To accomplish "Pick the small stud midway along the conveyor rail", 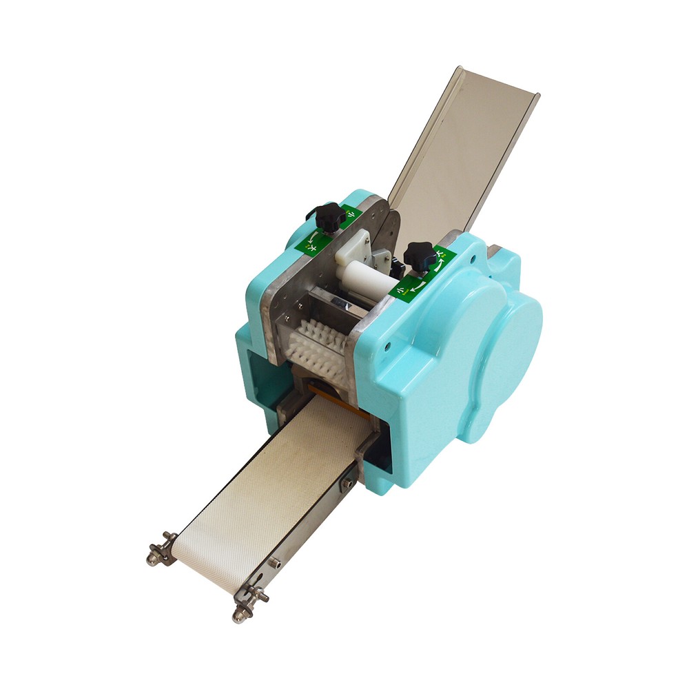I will [275, 563].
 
